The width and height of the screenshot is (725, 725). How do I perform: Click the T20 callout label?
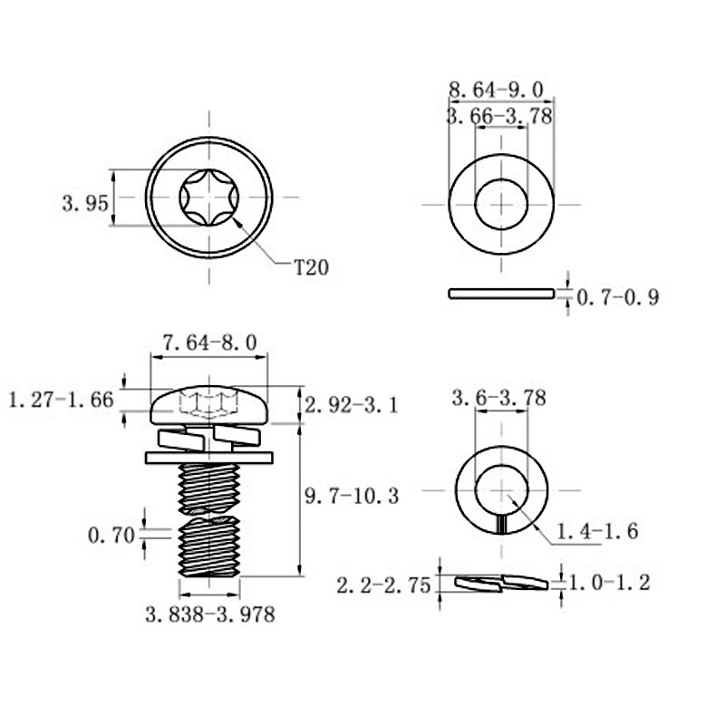tap(312, 267)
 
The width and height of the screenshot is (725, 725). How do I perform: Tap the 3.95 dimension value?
tap(85, 203)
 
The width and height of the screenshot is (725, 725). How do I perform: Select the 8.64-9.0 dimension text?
tap(497, 90)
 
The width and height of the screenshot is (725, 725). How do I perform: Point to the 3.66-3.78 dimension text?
tap(499, 116)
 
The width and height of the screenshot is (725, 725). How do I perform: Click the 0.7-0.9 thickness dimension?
tap(618, 297)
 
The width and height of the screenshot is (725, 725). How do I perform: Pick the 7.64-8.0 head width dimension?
tap(209, 343)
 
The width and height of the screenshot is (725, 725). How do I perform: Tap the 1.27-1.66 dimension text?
tap(61, 400)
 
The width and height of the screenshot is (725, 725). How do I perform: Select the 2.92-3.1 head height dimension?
tap(352, 405)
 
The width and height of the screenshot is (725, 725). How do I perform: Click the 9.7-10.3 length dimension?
tap(352, 496)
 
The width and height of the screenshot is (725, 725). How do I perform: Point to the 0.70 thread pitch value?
tap(111, 536)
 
